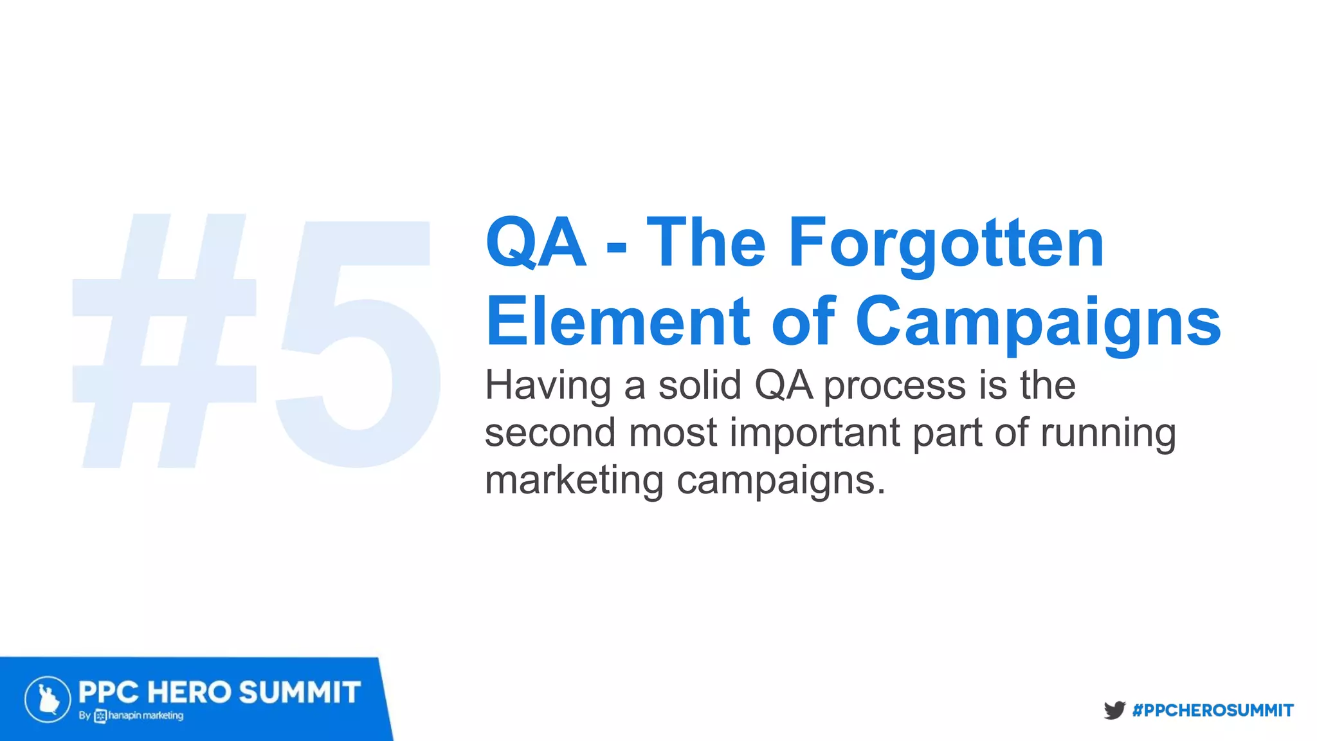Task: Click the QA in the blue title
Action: point(536,243)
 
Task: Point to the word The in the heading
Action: point(706,243)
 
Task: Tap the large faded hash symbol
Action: point(164,341)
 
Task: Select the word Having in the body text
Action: point(547,386)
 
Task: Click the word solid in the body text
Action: point(700,385)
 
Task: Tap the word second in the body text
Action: point(550,432)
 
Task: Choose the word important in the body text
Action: point(815,434)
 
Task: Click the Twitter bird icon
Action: point(1114,710)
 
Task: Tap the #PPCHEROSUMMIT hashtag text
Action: point(1213,710)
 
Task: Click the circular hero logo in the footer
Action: point(48,699)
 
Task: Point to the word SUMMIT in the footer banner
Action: point(300,693)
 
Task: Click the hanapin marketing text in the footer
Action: point(145,715)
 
